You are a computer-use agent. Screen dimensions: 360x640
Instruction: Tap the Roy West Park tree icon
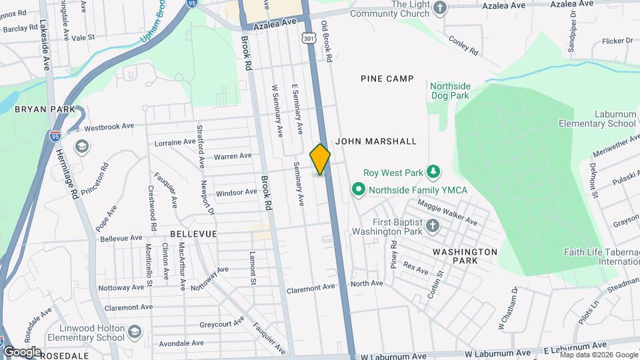tap(433, 173)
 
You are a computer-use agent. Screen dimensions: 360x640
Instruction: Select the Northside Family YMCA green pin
tap(358, 190)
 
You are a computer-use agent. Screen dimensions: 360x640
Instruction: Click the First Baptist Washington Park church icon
tap(433, 225)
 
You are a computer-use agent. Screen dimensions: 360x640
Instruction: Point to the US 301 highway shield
tap(307, 40)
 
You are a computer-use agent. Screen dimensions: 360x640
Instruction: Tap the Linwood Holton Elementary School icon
tap(135, 332)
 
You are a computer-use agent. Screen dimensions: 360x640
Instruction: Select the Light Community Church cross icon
tap(439, 8)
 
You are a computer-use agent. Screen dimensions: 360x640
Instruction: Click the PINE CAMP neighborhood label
tap(387, 79)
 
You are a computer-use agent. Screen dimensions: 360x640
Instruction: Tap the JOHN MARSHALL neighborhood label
tap(376, 141)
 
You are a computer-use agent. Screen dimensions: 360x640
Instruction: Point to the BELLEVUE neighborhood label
tap(193, 234)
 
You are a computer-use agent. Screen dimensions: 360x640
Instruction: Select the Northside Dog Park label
tap(450, 91)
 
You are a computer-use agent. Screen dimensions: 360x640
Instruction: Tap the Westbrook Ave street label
tap(109, 125)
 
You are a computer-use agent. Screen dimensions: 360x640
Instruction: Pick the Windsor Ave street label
tap(236, 192)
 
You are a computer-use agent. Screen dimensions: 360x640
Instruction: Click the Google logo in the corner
tap(22, 351)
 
